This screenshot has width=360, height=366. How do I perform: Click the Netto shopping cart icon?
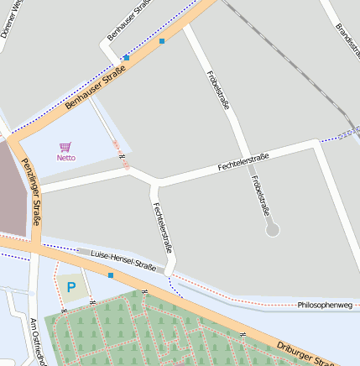65,146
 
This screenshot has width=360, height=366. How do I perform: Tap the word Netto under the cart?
65,158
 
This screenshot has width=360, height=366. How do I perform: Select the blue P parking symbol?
71,287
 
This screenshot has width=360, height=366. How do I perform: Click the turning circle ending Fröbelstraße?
272,229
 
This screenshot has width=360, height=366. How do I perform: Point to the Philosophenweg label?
324,304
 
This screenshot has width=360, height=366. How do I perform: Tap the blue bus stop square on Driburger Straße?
110,274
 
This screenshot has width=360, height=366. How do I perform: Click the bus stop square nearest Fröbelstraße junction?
161,39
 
